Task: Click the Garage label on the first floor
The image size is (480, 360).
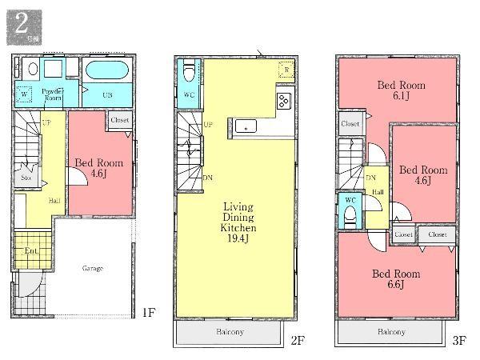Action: coord(92,268)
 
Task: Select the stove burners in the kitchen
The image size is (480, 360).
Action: coord(284,101)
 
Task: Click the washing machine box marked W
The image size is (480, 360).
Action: coord(25,93)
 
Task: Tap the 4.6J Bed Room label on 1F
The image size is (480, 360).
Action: coord(98,168)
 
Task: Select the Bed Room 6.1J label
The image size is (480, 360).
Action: coord(401,90)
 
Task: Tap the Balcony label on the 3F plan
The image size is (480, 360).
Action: coord(390,332)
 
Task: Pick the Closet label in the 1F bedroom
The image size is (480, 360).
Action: coord(120,121)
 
